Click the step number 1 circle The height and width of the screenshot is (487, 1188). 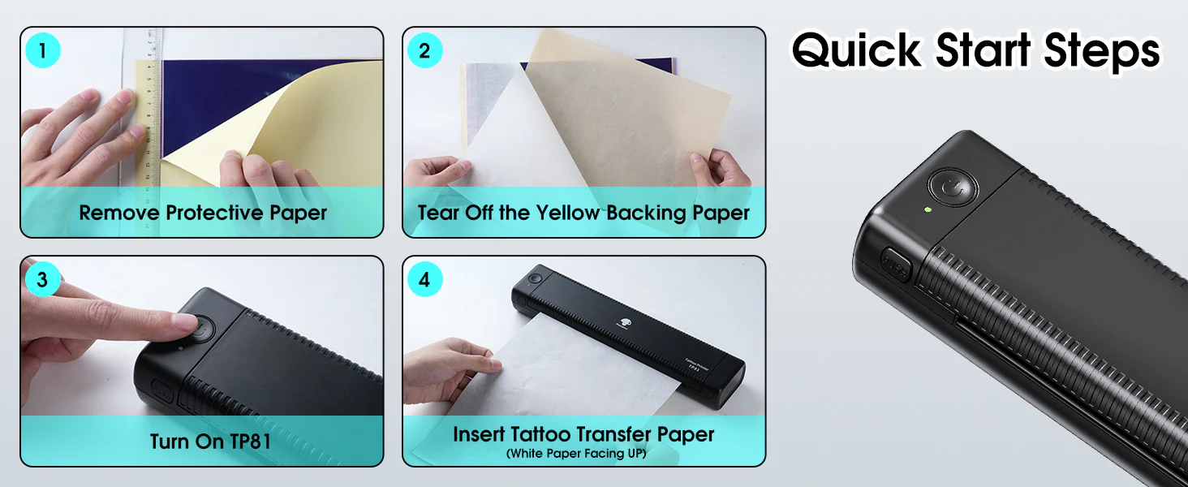point(42,50)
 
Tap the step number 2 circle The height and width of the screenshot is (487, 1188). point(424,50)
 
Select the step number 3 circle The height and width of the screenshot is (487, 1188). point(42,279)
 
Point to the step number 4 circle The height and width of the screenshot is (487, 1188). point(424,279)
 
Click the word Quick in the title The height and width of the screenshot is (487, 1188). point(857,50)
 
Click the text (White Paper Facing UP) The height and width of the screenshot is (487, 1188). point(576,454)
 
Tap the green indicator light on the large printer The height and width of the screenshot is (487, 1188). point(928,209)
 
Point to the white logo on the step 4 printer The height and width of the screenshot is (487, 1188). point(624,322)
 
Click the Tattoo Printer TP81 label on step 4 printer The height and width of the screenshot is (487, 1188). point(696,365)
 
